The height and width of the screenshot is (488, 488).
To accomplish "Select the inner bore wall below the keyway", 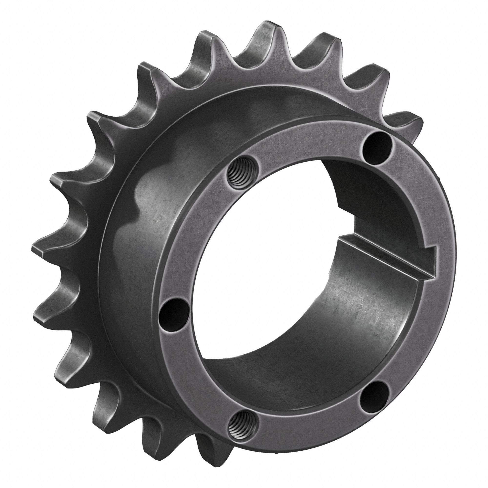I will (x=366, y=316).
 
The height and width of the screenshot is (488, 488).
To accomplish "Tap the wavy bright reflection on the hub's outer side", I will (x=142, y=202).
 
